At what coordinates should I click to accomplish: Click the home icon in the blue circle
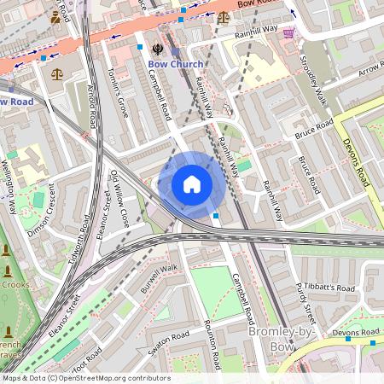(192, 184)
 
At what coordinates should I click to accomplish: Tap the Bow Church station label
(176, 65)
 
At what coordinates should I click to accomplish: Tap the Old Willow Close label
(120, 196)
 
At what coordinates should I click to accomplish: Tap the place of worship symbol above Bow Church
(157, 49)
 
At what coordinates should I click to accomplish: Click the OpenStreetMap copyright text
(85, 377)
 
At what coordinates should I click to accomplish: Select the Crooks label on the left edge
(15, 284)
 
